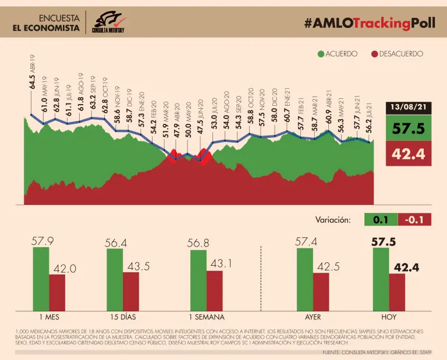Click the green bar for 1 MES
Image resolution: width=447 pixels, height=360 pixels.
tap(41, 279)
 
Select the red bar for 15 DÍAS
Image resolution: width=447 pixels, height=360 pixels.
tap(131, 291)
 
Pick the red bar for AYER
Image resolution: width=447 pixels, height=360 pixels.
tap(321, 292)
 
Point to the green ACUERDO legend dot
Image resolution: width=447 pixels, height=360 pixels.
tap(320, 54)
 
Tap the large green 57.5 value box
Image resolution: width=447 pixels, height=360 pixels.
tap(410, 129)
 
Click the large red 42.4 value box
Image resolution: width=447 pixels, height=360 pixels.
tap(410, 155)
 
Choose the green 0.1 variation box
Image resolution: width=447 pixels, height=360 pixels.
tap(381, 220)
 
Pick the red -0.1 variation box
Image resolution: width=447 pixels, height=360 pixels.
tap(416, 220)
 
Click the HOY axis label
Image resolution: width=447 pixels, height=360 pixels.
tap(389, 318)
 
